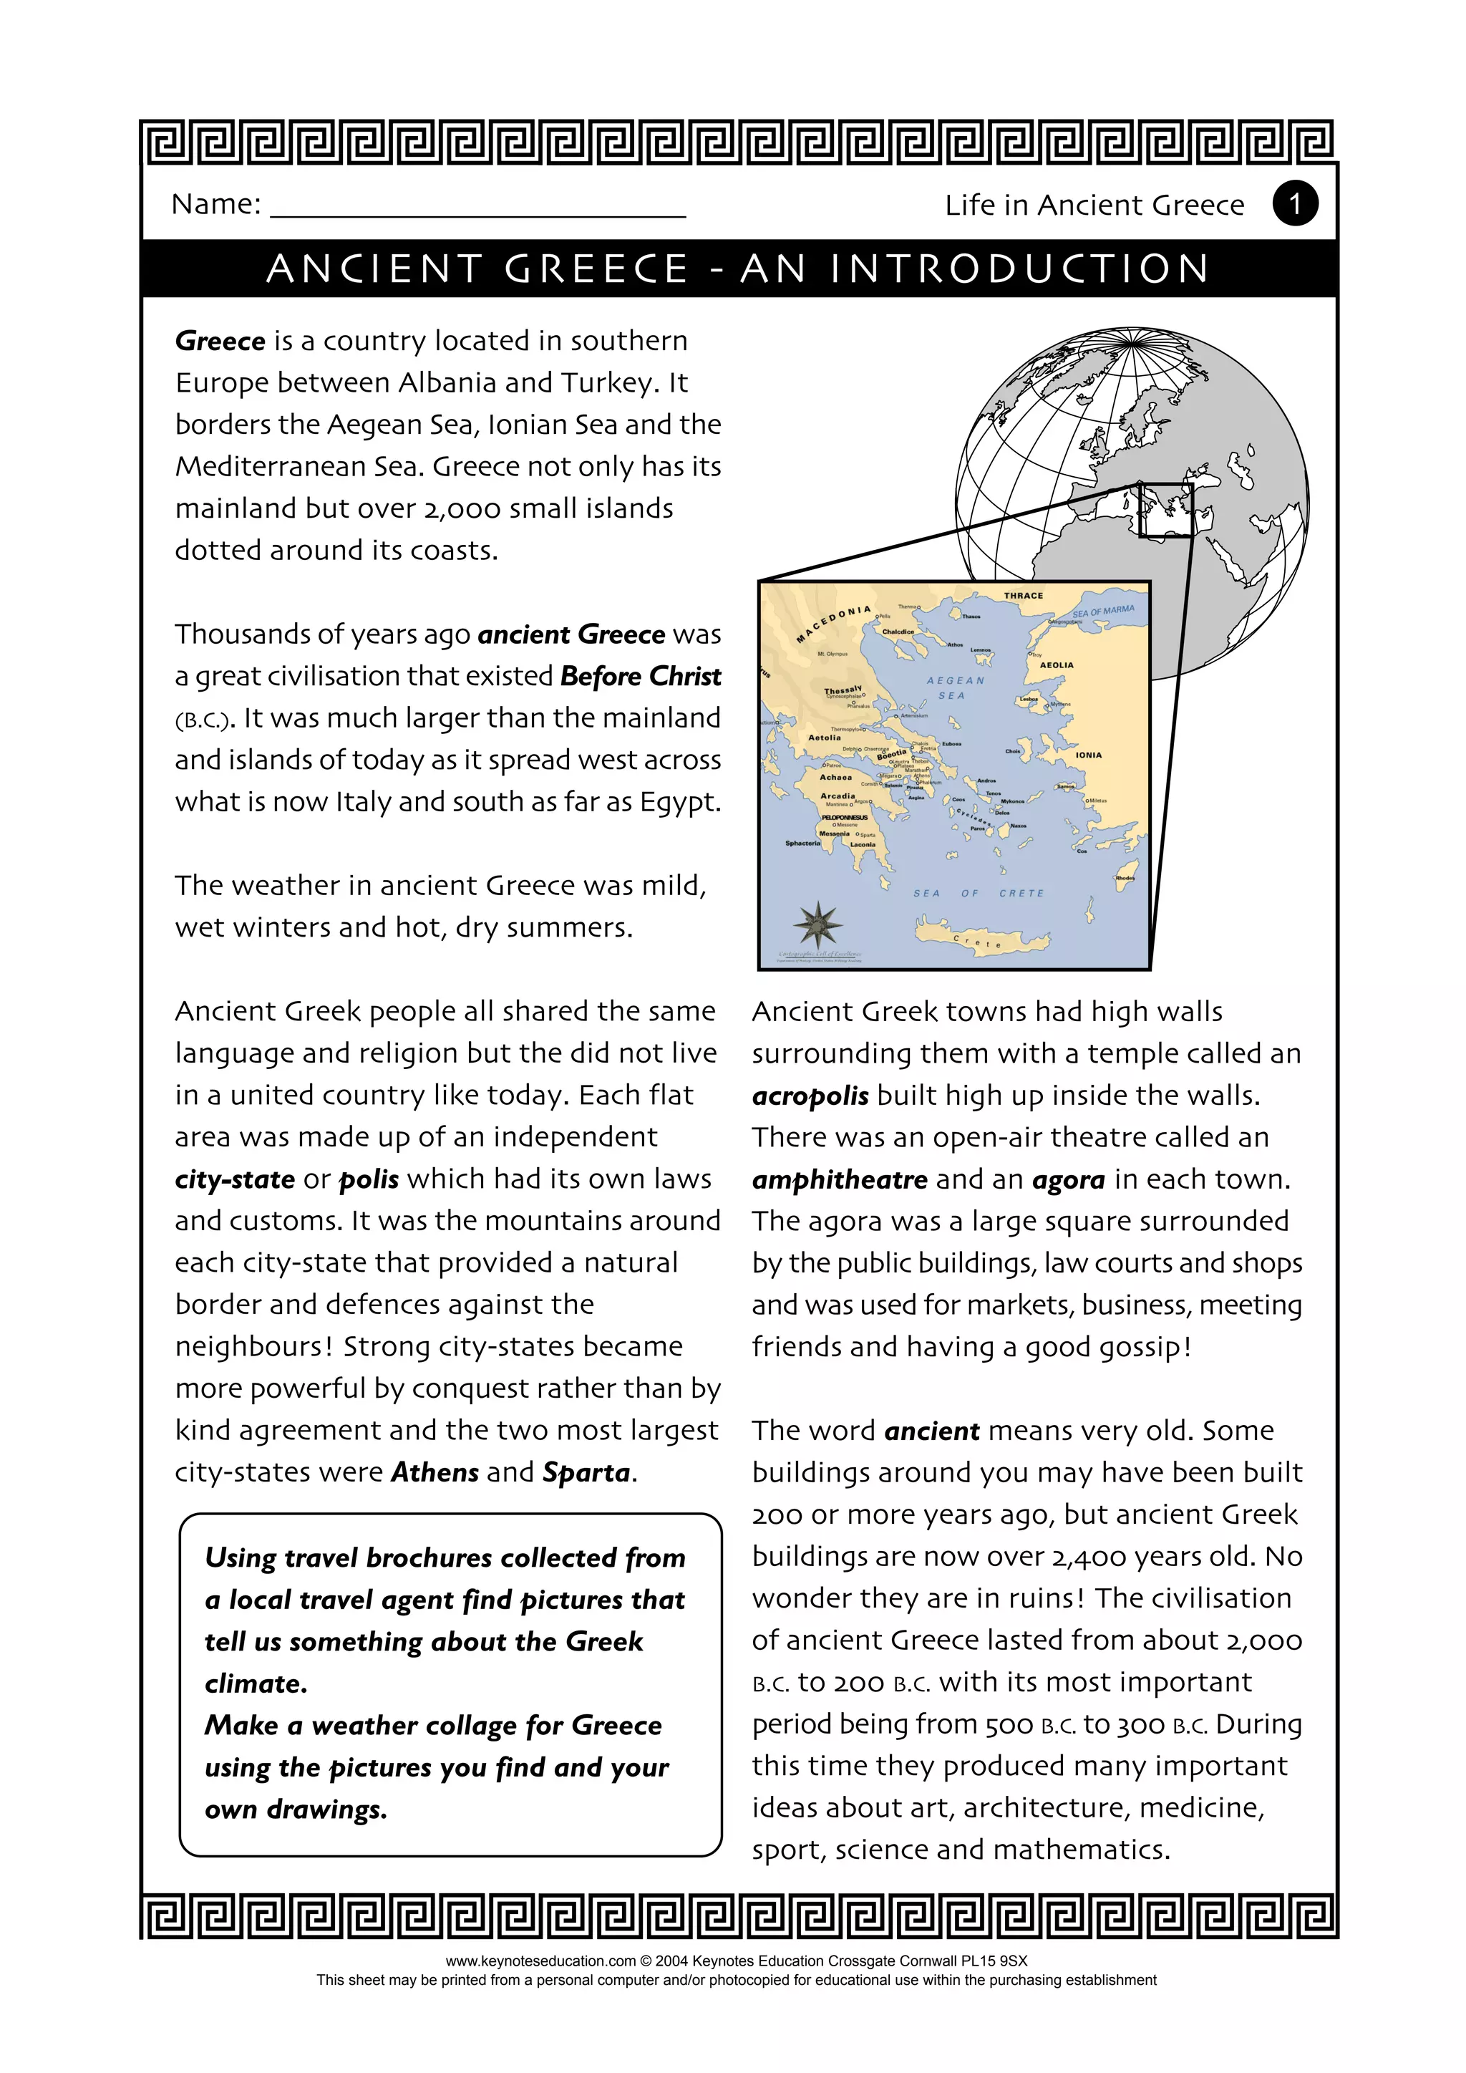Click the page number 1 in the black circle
1294,204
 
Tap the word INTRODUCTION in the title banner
1019,269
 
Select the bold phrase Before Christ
640,676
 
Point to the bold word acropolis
810,1096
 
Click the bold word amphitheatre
840,1180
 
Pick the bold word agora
1068,1180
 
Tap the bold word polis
369,1180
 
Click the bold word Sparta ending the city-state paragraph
586,1474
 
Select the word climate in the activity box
256,1684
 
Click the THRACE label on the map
1023,596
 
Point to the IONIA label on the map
1088,755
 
